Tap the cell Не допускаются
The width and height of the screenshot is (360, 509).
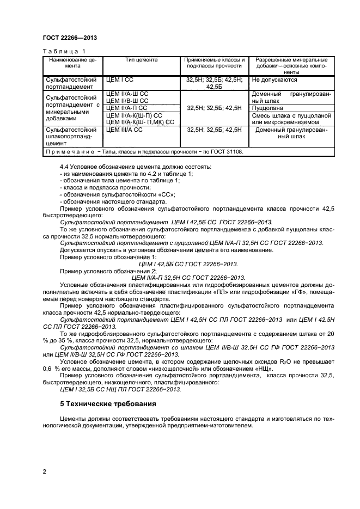coord(274,79)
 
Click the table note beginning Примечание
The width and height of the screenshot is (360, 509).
coord(143,152)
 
